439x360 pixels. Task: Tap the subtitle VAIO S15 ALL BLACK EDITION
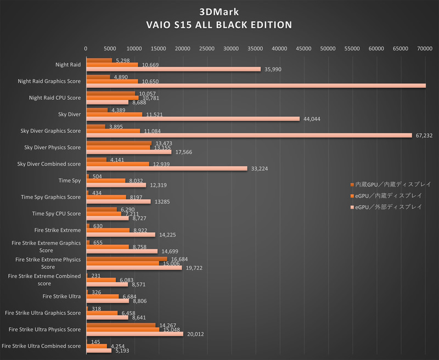pos(219,25)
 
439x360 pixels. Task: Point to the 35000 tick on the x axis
pos(255,49)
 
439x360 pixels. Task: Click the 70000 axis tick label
pos(424,49)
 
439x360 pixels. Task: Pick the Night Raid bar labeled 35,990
pos(173,69)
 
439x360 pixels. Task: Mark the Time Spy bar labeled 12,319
pos(116,185)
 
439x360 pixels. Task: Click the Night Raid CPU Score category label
pos(54,98)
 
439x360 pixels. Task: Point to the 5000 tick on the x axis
pos(110,49)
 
